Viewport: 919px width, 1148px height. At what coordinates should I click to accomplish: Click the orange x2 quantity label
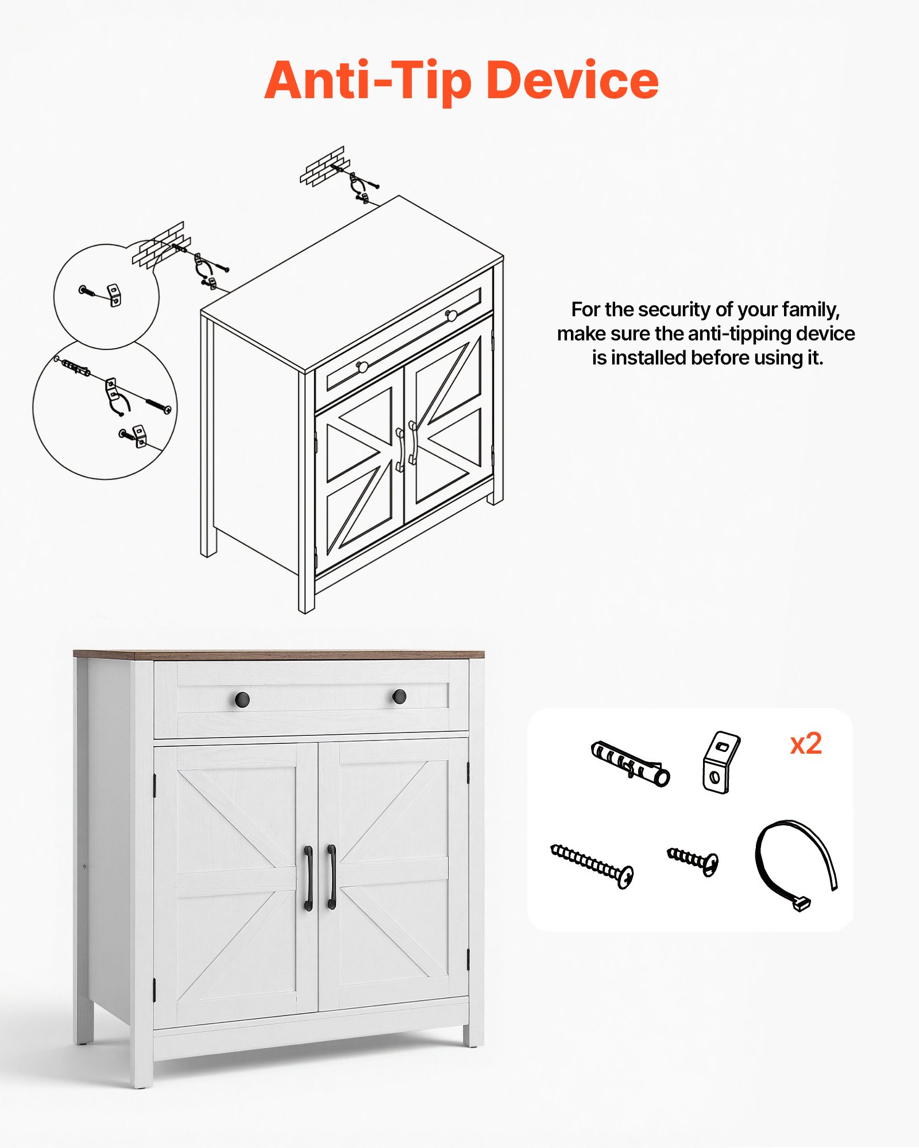806,744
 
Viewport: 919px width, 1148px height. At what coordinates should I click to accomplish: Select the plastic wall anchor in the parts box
630,763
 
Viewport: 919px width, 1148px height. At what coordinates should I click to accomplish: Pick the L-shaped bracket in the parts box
720,762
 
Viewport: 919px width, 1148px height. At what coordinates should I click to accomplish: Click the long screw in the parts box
592,866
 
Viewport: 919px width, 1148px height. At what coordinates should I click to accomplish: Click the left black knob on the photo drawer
242,699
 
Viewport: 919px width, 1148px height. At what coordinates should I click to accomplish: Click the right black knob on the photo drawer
399,697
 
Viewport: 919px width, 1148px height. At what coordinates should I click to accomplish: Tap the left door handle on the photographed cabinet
308,878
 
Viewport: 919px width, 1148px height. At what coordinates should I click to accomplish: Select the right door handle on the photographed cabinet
332,876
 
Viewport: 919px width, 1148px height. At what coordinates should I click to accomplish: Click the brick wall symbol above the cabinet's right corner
323,166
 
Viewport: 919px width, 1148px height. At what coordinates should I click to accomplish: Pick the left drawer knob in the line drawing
362,366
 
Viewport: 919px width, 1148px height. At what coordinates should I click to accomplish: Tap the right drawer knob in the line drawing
451,315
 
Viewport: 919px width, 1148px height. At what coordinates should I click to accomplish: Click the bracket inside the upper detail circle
115,294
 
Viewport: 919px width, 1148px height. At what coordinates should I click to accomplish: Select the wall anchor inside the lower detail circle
75,367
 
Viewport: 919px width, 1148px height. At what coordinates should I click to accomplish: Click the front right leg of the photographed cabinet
473,1034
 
